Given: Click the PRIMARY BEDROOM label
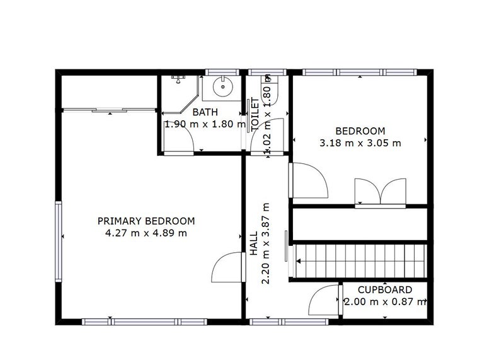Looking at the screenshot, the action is coord(146,221).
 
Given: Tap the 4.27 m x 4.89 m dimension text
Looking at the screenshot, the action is coord(146,233).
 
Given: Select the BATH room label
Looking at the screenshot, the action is coord(205,112).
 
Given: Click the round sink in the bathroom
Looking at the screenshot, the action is coord(222,86).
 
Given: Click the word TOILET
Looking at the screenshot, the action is coord(255,114).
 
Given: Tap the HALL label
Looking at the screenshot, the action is coord(254,243).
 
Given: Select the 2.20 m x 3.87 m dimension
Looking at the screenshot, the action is coord(266,243).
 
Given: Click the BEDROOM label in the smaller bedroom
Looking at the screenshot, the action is coord(360,131).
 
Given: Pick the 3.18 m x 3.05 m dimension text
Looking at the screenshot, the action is coord(360,143).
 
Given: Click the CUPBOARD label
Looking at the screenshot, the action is coord(385,290).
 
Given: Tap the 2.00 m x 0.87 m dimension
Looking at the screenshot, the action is coord(386,302).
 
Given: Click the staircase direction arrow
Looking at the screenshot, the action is coord(298,261).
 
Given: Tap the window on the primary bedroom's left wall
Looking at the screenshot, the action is coord(58,241).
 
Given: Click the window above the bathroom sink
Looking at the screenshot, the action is coord(222,72).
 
